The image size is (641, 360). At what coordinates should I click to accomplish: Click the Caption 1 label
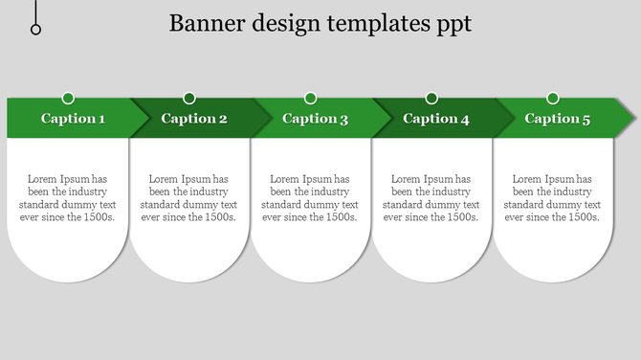tap(73, 119)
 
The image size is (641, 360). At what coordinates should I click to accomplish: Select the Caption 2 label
tap(194, 119)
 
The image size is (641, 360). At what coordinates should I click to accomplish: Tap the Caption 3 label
tap(316, 119)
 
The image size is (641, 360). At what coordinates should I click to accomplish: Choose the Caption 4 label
tap(436, 119)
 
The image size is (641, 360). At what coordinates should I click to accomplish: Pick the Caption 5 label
tap(558, 119)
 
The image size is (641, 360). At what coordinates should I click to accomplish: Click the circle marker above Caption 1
tap(68, 98)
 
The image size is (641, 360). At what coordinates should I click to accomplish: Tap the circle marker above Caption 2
tap(189, 98)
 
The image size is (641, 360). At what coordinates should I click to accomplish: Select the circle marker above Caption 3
tap(311, 98)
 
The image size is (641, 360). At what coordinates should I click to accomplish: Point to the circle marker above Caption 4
tap(431, 98)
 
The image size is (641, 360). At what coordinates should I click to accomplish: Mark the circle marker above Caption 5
tap(553, 98)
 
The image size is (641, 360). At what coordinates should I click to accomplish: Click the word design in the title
tap(280, 24)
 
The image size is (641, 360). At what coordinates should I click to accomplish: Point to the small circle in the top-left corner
tap(36, 30)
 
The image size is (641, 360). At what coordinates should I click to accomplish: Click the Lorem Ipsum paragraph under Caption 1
tap(67, 198)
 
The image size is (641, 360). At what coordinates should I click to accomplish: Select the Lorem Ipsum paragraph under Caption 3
tap(310, 198)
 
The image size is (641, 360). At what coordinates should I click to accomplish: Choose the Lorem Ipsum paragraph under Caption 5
tap(552, 198)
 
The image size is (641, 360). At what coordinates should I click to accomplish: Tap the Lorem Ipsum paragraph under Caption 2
tap(188, 198)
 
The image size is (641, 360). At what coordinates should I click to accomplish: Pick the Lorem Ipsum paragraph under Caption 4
tap(431, 198)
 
